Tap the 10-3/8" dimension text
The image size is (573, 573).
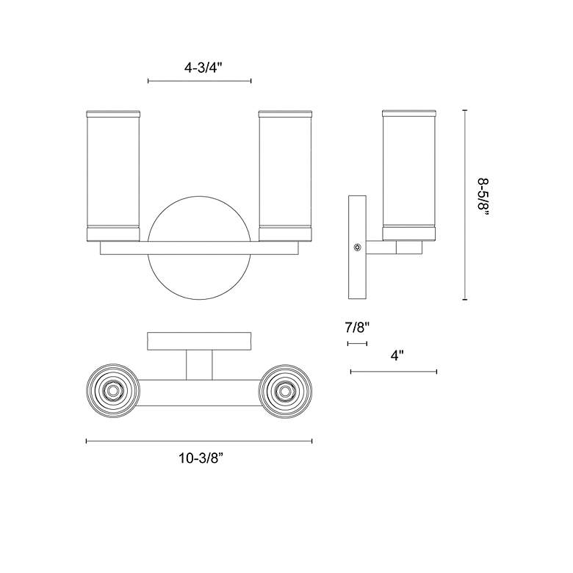pos(201,458)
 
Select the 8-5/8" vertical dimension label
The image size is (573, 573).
pos(483,199)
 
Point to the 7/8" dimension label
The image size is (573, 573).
pos(358,327)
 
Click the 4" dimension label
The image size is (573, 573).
pos(397,356)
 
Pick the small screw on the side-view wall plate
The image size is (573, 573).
pos(357,248)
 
